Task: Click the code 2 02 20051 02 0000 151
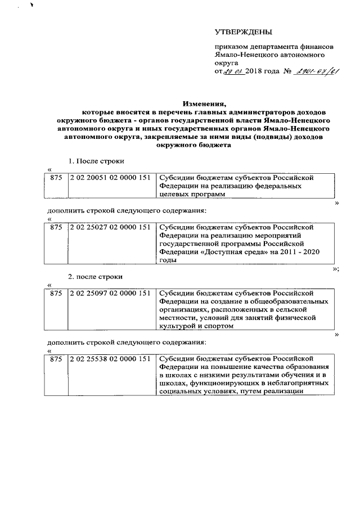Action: (x=110, y=177)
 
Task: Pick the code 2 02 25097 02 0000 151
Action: (x=110, y=293)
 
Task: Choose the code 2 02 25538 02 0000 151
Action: (x=110, y=358)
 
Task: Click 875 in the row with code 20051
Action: (x=56, y=177)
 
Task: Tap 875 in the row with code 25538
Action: (x=56, y=358)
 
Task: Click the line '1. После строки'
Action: (x=96, y=161)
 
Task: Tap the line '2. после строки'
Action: (x=96, y=277)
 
